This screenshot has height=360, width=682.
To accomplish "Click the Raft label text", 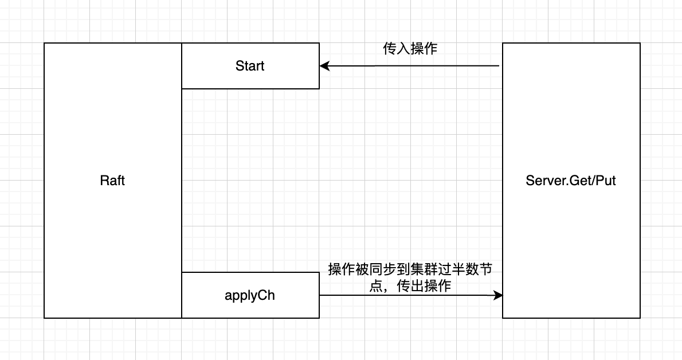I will point(112,181).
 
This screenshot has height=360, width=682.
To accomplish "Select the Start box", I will point(250,66).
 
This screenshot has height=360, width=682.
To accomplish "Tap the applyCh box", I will point(250,295).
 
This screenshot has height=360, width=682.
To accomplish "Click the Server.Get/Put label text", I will point(571,181).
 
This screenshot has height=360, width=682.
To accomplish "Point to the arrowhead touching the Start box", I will point(324,66).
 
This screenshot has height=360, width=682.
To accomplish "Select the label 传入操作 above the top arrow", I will point(410,49).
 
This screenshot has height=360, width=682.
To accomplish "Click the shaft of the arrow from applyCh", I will point(401,295).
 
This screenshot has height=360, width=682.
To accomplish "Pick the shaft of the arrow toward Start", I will point(413,66).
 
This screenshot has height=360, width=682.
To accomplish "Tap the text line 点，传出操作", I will point(410,286).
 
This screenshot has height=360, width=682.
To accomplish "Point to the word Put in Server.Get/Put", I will point(606,181).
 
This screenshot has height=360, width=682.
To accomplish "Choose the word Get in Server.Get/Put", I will point(579,181).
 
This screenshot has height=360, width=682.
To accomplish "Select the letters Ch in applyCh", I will point(267,295).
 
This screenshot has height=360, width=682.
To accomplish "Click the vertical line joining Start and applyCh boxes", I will point(182,181).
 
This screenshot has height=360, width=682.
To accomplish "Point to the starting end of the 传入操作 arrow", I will point(499,66).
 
